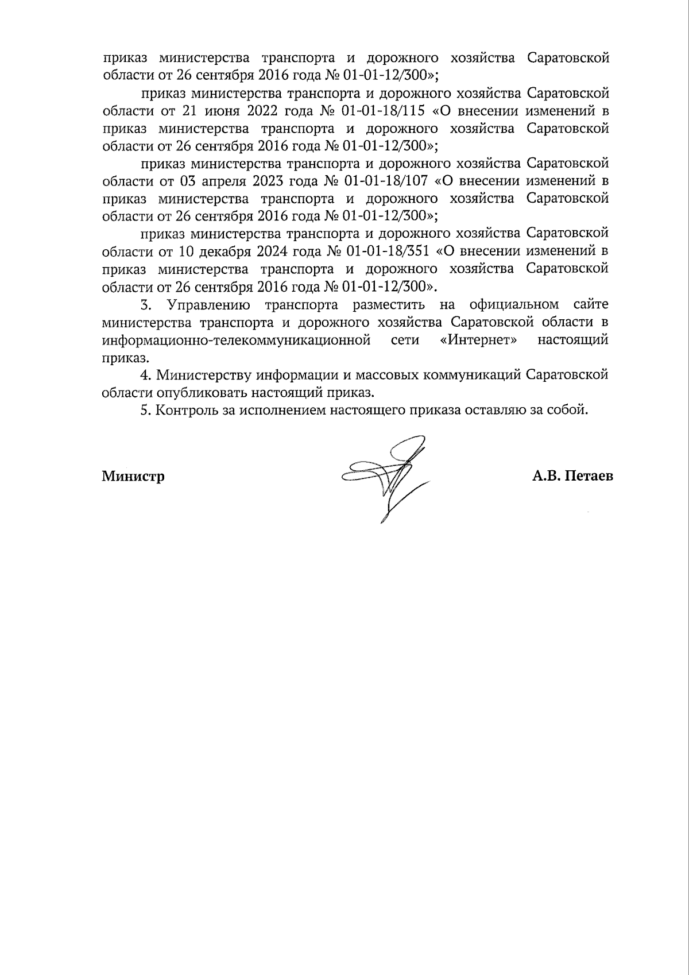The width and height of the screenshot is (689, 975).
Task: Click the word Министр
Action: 133,477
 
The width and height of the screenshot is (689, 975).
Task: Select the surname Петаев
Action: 589,476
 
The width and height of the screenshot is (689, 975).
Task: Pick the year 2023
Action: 265,181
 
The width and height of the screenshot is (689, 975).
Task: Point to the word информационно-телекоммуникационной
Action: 235,340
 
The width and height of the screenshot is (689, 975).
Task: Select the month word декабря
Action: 223,252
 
